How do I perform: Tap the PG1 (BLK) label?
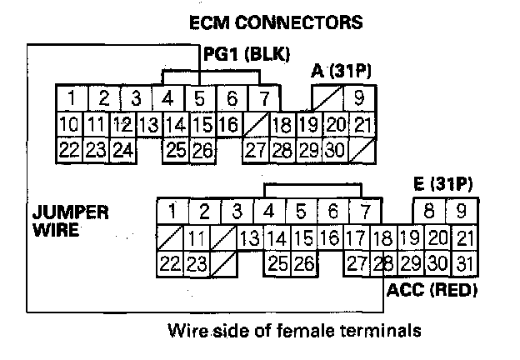247,55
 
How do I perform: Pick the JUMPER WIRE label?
71,220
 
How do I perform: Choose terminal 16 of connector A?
227,126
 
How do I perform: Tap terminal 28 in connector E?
383,264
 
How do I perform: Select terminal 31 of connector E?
464,264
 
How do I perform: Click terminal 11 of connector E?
196,238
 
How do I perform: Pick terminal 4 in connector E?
268,211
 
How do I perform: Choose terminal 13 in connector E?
249,238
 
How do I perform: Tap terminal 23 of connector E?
196,264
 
